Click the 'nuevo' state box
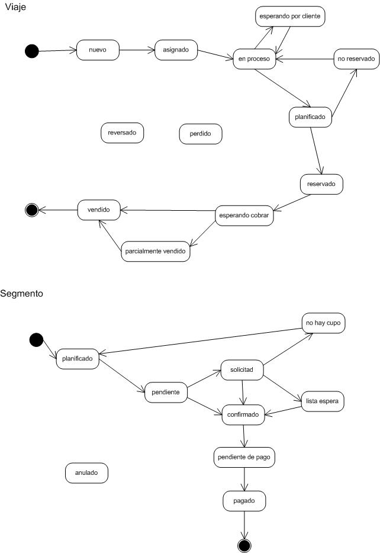[x=98, y=50]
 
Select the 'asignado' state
[x=176, y=50]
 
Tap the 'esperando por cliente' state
[x=290, y=16]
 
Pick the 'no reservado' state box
[x=356, y=59]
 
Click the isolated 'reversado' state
[x=122, y=133]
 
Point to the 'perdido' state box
[x=201, y=134]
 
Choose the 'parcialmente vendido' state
[x=156, y=252]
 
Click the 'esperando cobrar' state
[x=244, y=216]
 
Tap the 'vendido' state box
[x=99, y=210]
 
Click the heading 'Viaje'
[x=15, y=7]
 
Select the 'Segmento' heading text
[x=21, y=294]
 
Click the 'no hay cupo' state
[x=323, y=323]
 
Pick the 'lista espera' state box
[x=322, y=401]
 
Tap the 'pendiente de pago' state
[x=244, y=458]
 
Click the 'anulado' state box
[x=86, y=473]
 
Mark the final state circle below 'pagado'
[x=244, y=545]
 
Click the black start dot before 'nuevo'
[x=32, y=51]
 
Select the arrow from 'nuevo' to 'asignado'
[x=137, y=50]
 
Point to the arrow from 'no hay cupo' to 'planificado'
[x=200, y=341]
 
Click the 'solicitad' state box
[x=242, y=370]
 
